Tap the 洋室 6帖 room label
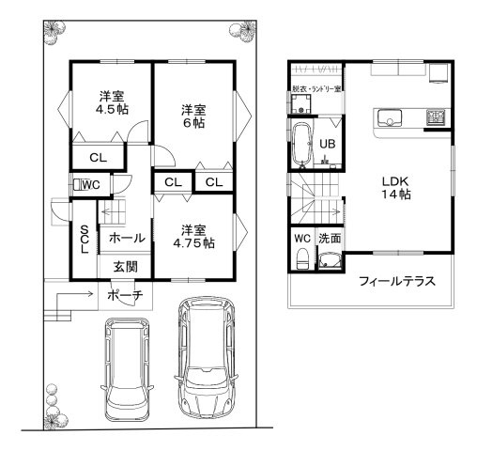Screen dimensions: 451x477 tap(194, 117)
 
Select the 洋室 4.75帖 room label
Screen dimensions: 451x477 tap(194, 236)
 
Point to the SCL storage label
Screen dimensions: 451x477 tap(84, 240)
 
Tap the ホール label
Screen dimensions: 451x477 tap(126, 239)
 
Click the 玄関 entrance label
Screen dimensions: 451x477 tap(126, 267)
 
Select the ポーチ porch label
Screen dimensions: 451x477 tap(126, 295)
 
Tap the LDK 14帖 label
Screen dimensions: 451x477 tap(395, 187)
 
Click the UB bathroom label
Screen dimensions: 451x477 tap(328, 144)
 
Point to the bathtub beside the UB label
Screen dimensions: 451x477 tap(302, 145)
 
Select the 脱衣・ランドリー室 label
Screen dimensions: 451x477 tap(316, 88)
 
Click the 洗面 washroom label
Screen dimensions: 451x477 tap(329, 240)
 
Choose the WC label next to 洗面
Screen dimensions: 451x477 tap(302, 239)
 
